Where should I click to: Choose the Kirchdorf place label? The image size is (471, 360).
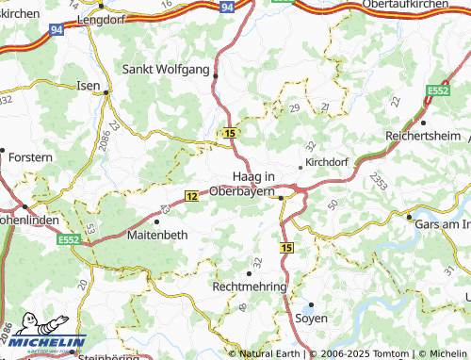327,162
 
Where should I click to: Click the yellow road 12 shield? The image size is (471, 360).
191,196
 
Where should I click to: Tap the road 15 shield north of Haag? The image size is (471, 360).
231,134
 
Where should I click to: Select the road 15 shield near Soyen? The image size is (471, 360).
286,247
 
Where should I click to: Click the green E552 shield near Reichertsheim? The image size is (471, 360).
437,90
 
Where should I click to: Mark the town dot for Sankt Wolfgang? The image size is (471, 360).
216,75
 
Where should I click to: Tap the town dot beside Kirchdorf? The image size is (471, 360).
300,167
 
